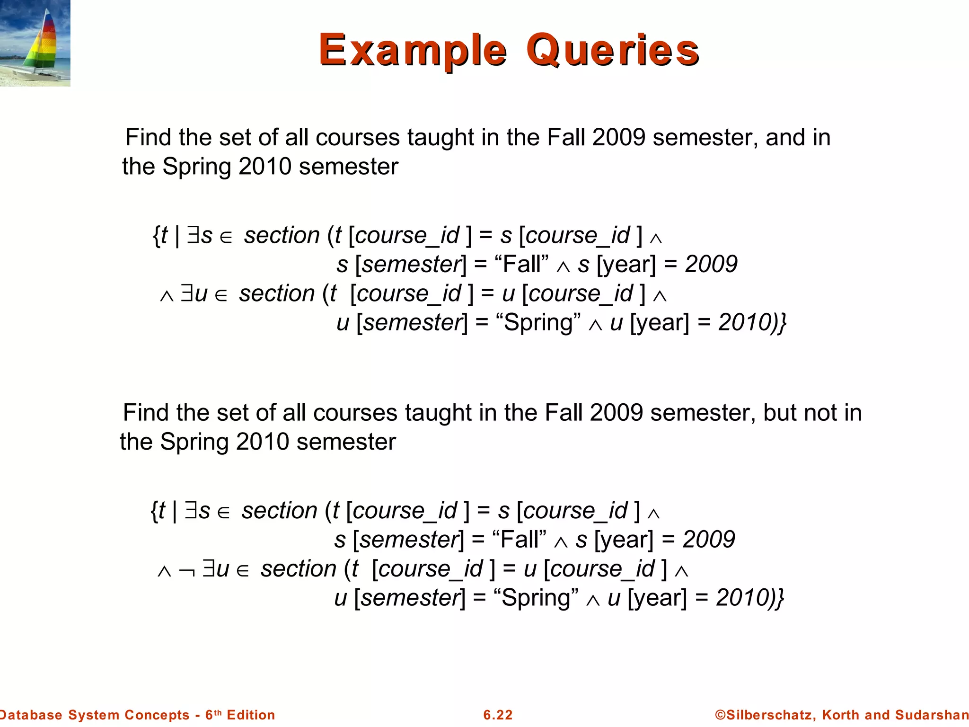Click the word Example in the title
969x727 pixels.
413,50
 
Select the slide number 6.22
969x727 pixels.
498,715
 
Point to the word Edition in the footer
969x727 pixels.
251,715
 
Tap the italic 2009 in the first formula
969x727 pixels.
711,264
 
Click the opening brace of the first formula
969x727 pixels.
156,235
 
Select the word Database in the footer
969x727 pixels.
31,715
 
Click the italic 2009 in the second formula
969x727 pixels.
709,540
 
